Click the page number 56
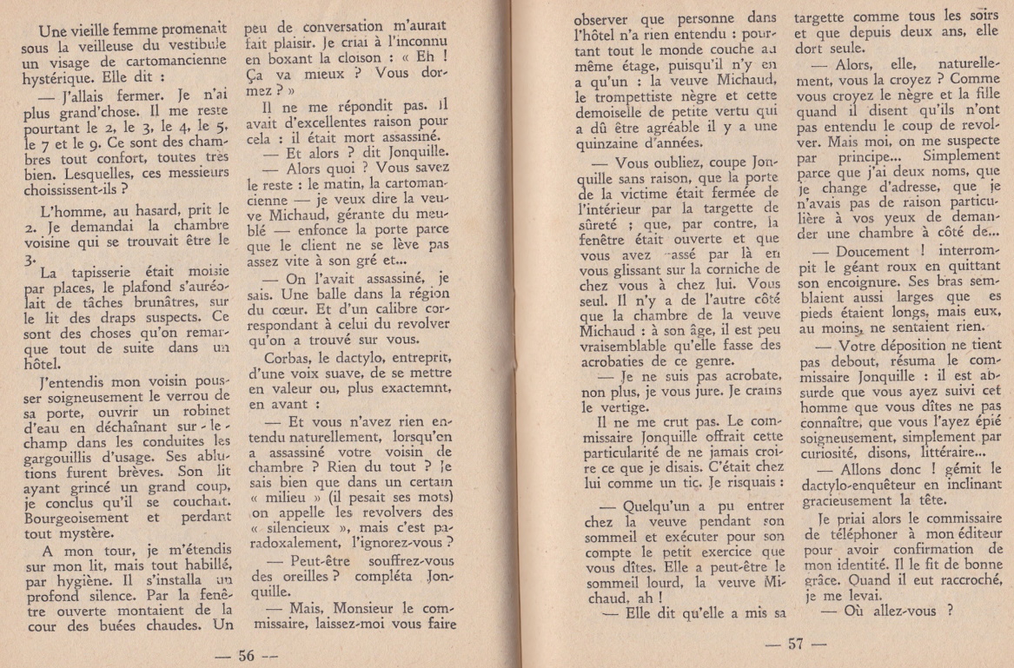[x=247, y=656]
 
